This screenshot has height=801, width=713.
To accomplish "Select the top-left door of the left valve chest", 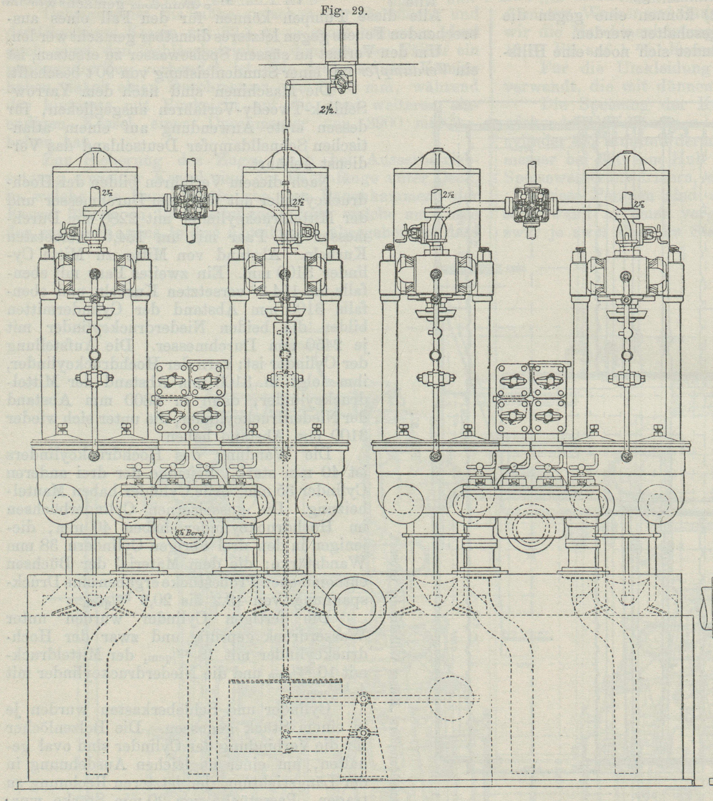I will [171, 380].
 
